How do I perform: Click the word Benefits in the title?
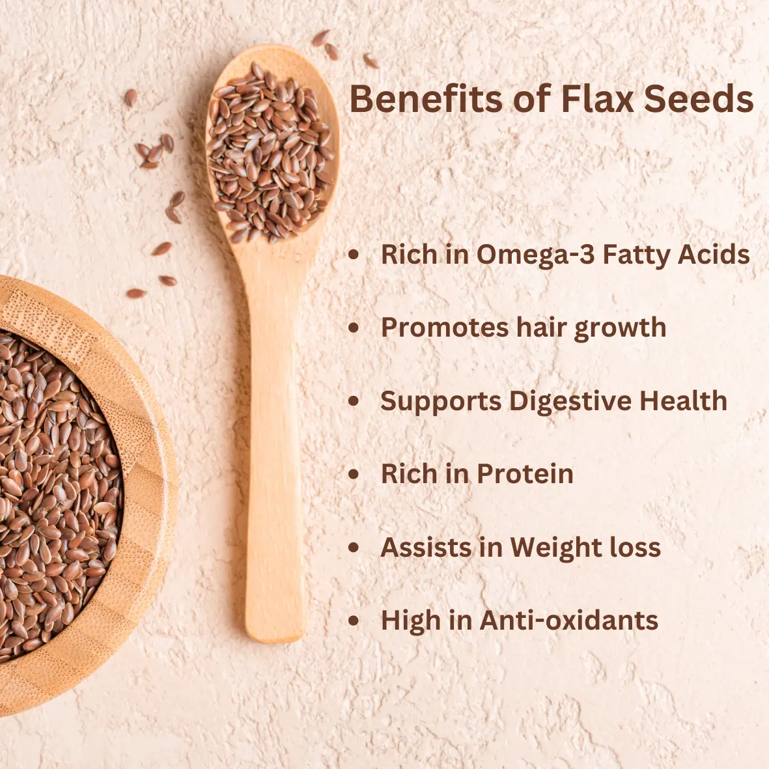pyautogui.click(x=426, y=98)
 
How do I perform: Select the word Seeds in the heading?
pyautogui.click(x=699, y=98)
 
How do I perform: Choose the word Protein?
pyautogui.click(x=525, y=474)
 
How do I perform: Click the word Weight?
pyautogui.click(x=556, y=548)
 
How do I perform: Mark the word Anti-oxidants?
pyautogui.click(x=569, y=620)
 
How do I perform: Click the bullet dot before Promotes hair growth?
pyautogui.click(x=354, y=328)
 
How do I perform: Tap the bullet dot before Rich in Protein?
pyautogui.click(x=354, y=474)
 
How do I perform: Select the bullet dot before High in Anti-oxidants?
pyautogui.click(x=354, y=621)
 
